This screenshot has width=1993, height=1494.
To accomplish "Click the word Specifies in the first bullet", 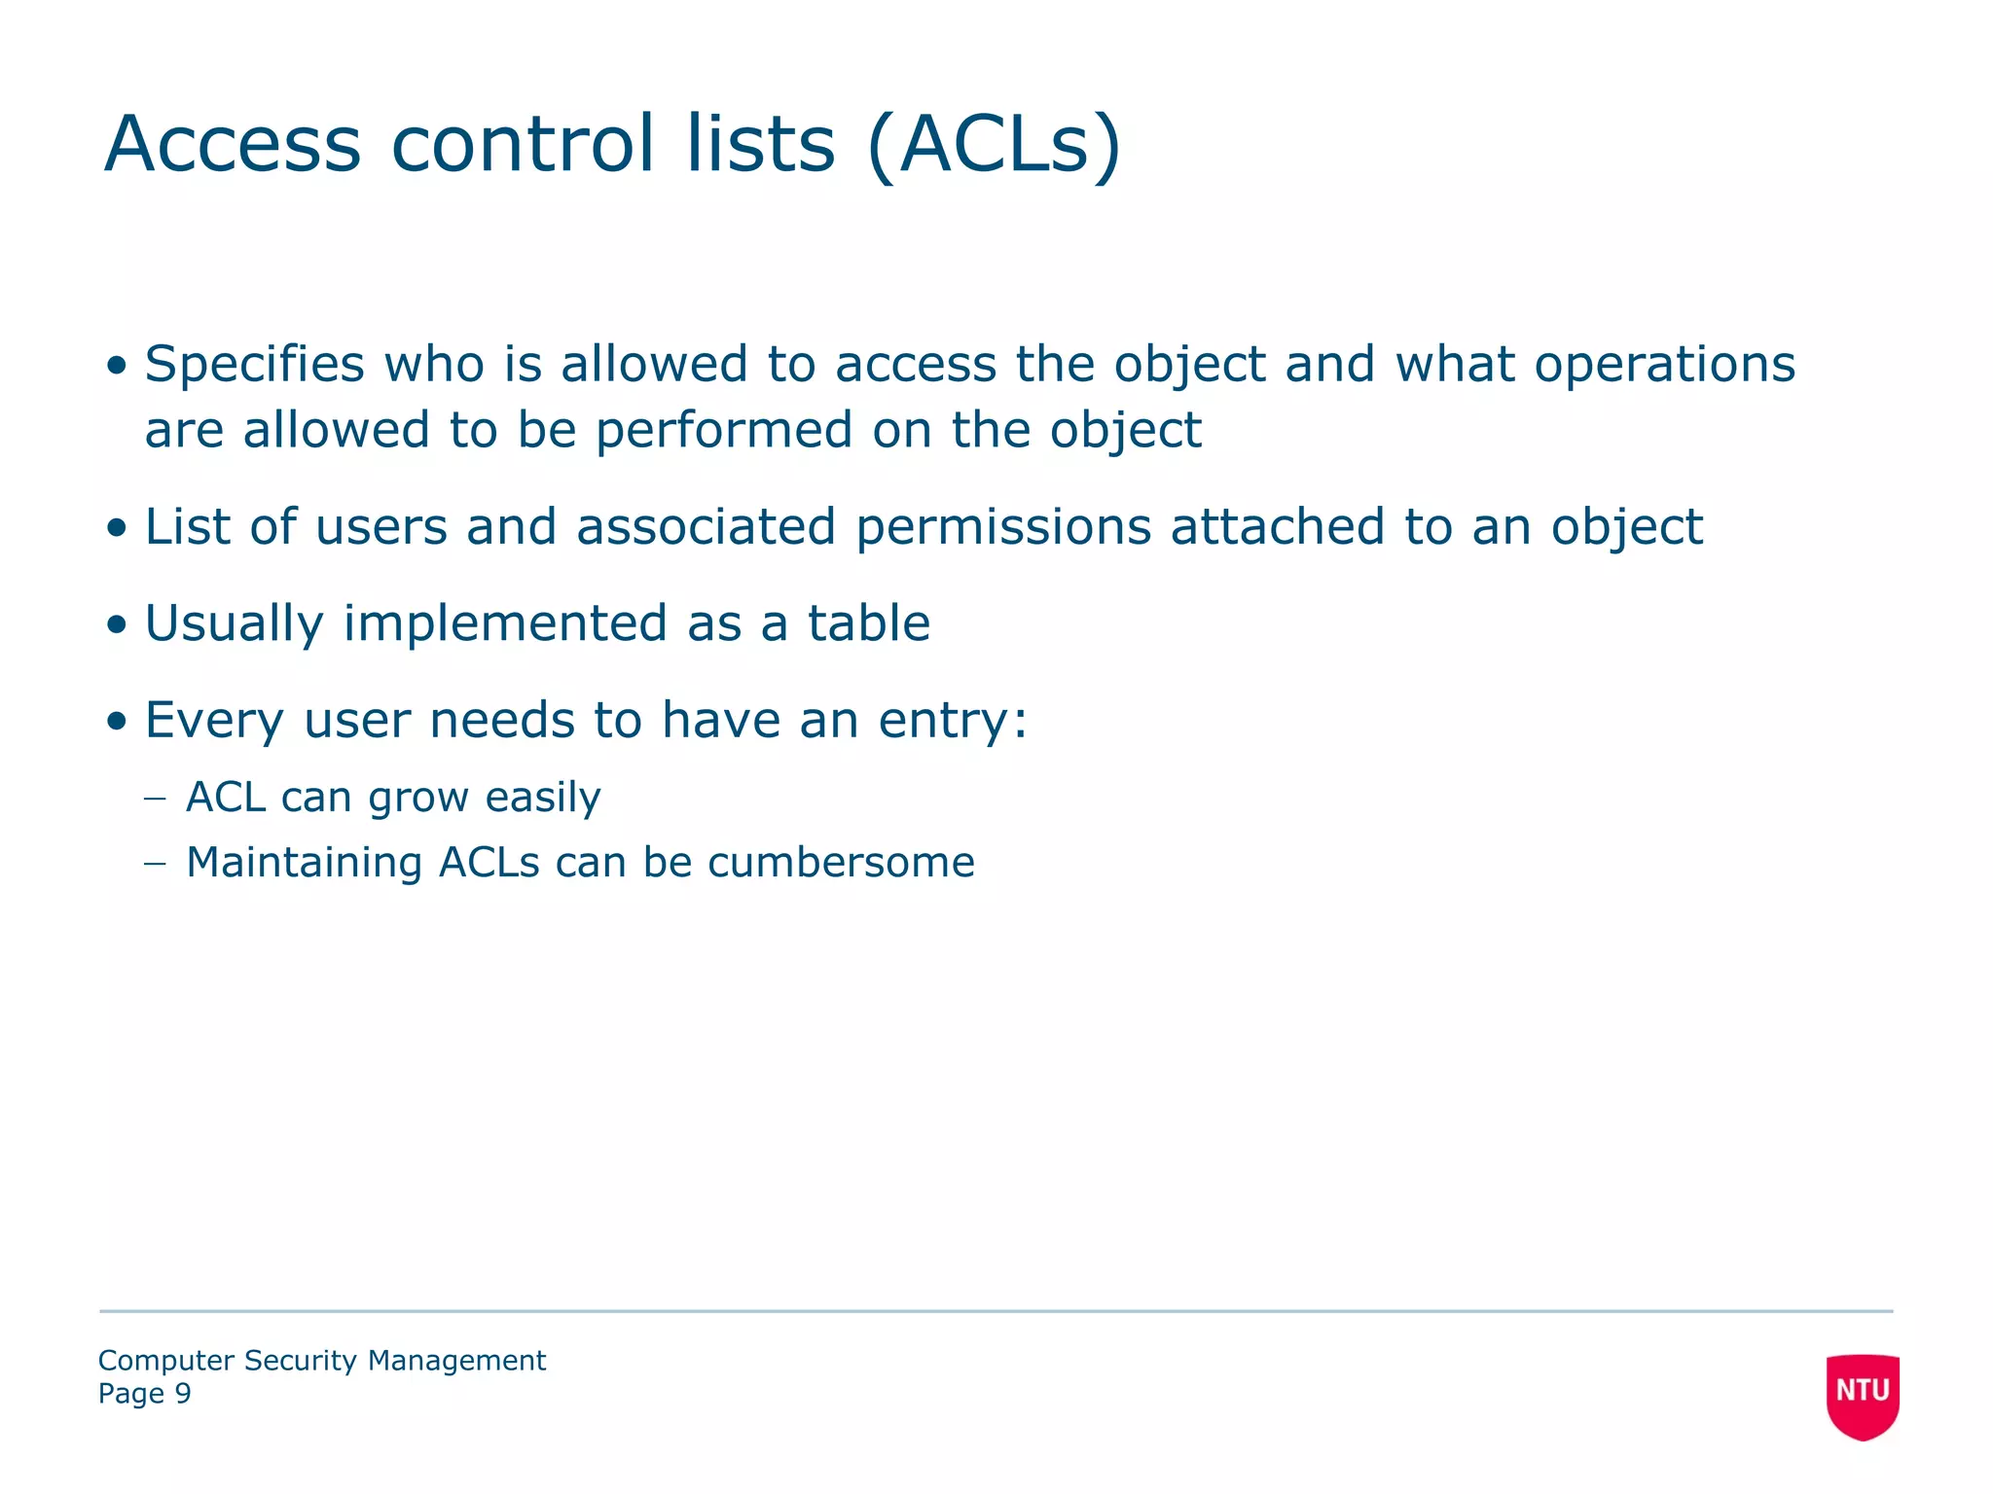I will pyautogui.click(x=254, y=366).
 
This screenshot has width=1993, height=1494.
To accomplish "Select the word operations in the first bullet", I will pyautogui.click(x=1664, y=366).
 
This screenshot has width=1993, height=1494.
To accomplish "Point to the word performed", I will pyautogui.click(x=724, y=431).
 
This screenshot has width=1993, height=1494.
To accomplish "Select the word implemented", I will pyautogui.click(x=505, y=623).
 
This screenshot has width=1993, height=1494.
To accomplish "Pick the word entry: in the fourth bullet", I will pyautogui.click(x=953, y=722).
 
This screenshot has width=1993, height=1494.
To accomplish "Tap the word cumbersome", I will pyautogui.click(x=841, y=863).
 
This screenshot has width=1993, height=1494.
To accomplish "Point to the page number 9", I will pyautogui.click(x=183, y=1394).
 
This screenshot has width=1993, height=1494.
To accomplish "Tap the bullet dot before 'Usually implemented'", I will pyautogui.click(x=118, y=625).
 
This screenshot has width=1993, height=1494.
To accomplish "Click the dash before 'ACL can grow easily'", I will pyautogui.click(x=155, y=799).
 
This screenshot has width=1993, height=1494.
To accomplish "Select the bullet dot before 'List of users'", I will pyautogui.click(x=118, y=528).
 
